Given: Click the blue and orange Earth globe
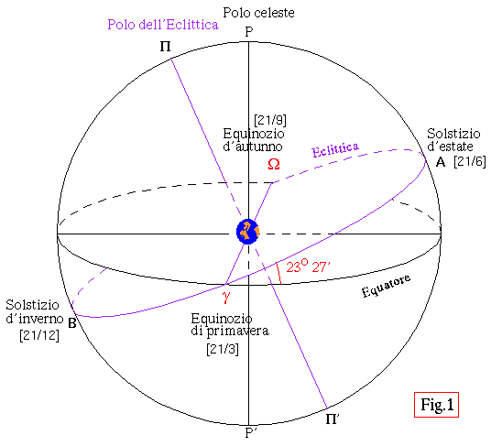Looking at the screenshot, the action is click(247, 232).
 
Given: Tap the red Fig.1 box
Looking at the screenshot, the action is click(436, 405).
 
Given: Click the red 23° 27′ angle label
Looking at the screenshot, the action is click(308, 266).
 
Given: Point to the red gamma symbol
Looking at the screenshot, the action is click(225, 296).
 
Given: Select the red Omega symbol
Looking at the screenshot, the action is click(274, 164).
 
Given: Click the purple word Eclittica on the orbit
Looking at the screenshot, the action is click(335, 149).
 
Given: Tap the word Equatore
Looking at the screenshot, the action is click(386, 286).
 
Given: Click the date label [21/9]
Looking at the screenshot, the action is click(270, 120).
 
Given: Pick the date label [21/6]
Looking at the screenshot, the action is click(470, 161).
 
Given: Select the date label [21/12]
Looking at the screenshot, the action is click(39, 335).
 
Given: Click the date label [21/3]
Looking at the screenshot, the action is click(223, 349).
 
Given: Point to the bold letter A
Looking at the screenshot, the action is click(441, 162).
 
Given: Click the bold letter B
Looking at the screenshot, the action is click(72, 323).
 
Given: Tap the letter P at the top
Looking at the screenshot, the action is click(249, 32).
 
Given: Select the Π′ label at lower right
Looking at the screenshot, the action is click(333, 419).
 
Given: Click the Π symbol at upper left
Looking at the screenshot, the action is click(165, 47).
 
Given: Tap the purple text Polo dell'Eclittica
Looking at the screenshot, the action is click(163, 25).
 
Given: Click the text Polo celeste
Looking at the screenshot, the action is click(258, 13).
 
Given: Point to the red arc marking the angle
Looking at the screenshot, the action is click(278, 273).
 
